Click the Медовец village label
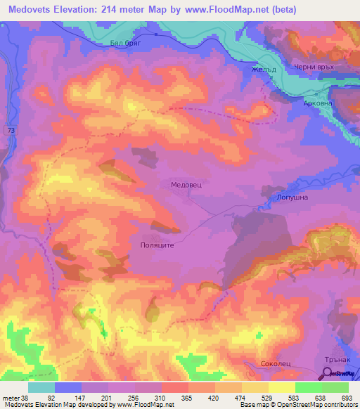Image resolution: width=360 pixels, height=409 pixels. click(x=186, y=183)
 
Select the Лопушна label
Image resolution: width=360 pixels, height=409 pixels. click(x=292, y=198)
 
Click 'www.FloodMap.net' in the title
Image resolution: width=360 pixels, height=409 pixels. click(x=227, y=10)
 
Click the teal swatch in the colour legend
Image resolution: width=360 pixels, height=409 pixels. click(x=41, y=387)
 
